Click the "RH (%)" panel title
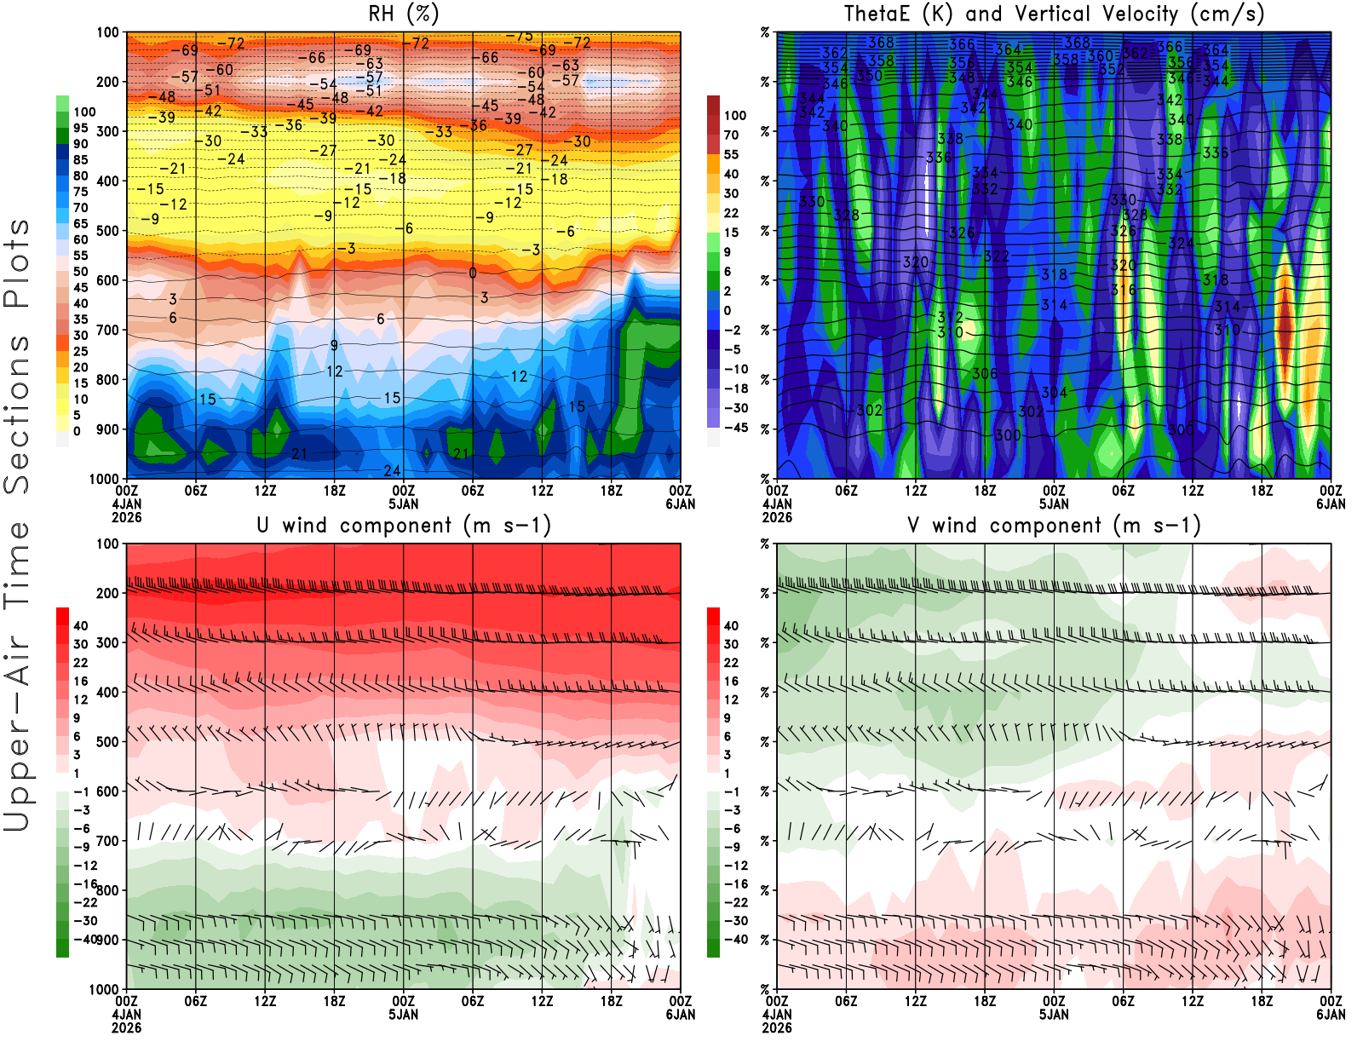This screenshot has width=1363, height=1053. pyautogui.click(x=405, y=14)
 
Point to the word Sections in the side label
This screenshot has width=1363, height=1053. pyautogui.click(x=17, y=358)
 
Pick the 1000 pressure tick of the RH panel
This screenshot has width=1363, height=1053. pyautogui.click(x=104, y=479)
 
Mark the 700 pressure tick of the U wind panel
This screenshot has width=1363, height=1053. pyautogui.click(x=107, y=841)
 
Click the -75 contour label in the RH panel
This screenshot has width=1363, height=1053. pyautogui.click(x=519, y=36)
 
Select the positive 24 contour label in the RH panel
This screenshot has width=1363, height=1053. pyautogui.click(x=392, y=470)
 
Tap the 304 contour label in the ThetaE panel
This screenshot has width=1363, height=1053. pyautogui.click(x=1054, y=393)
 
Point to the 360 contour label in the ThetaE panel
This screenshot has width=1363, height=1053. pyautogui.click(x=1100, y=56)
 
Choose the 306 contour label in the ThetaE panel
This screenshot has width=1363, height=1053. pyautogui.click(x=985, y=374)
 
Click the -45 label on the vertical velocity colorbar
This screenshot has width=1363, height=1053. pyautogui.click(x=736, y=428)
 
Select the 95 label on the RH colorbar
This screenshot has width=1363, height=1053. pyautogui.click(x=80, y=128)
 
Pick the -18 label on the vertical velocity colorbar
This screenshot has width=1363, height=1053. pyautogui.click(x=736, y=388)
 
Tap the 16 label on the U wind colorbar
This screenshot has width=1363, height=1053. pyautogui.click(x=80, y=681)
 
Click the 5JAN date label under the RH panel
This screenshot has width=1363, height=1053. pyautogui.click(x=404, y=504)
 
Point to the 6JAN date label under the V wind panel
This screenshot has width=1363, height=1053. pyautogui.click(x=1331, y=1015)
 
